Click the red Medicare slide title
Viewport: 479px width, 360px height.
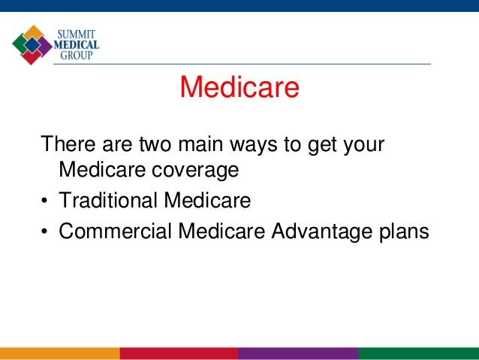click(x=239, y=87)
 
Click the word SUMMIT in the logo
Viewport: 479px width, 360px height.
click(x=76, y=35)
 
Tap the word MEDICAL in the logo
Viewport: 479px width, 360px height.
click(x=77, y=44)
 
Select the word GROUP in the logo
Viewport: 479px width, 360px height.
click(x=77, y=56)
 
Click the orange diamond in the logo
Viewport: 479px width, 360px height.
click(x=34, y=32)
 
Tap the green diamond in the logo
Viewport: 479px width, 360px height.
click(x=19, y=44)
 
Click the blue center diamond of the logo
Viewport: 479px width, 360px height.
click(x=32, y=45)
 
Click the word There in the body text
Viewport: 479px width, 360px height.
click(x=68, y=144)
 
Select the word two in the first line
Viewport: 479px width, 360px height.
click(x=155, y=144)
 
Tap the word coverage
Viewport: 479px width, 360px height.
click(x=195, y=171)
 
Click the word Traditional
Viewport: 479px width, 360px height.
click(x=108, y=200)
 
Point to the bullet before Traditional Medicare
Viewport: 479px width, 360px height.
click(x=44, y=201)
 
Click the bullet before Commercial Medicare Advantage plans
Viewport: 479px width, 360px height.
click(x=44, y=231)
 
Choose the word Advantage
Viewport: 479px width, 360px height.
click(x=321, y=231)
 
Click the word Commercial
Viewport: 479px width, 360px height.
click(x=115, y=231)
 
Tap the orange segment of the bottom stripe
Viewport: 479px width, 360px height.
click(x=60, y=353)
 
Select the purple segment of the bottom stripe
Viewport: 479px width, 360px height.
click(x=298, y=353)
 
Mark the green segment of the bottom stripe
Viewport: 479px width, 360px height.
click(x=418, y=353)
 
